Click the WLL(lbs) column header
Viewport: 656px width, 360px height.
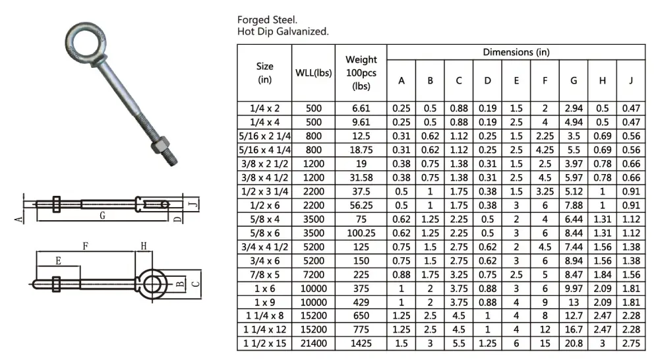pos(313,73)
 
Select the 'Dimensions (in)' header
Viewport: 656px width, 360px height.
pos(516,52)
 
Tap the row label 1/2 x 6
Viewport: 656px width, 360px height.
pos(264,205)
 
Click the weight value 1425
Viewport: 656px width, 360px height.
pos(361,344)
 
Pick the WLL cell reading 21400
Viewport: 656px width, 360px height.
pos(313,344)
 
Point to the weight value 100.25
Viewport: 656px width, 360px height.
pos(361,233)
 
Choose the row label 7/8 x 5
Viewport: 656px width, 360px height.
pos(264,274)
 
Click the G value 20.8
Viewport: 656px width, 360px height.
pos(573,344)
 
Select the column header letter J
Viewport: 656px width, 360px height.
pos(630,80)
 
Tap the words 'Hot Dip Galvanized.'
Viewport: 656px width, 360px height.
pos(283,32)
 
